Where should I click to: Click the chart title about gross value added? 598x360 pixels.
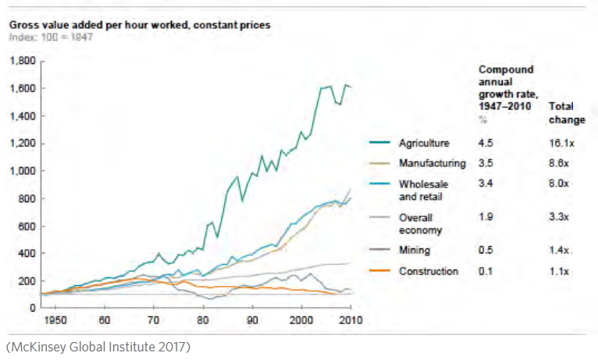click(x=140, y=25)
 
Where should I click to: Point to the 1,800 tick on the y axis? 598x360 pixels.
click(x=23, y=61)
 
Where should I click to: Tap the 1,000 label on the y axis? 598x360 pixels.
click(x=23, y=171)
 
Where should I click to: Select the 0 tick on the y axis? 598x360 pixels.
click(x=32, y=308)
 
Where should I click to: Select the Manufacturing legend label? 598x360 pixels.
click(x=432, y=164)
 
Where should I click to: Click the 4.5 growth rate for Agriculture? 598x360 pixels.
click(x=485, y=144)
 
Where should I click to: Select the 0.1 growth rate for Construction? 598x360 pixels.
click(x=485, y=272)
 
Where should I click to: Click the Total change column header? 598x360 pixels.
click(x=567, y=112)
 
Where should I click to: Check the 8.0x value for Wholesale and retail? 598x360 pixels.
click(x=560, y=184)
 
